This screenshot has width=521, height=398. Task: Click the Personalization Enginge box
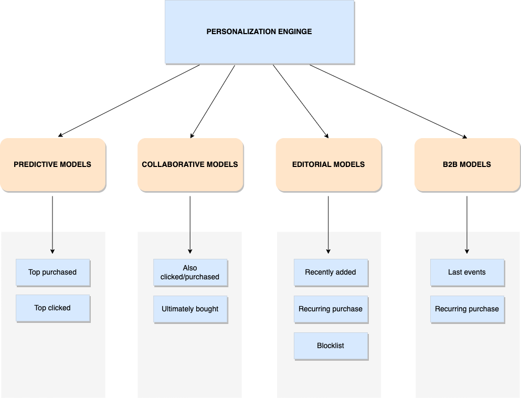(259, 32)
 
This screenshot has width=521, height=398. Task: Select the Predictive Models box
(52, 164)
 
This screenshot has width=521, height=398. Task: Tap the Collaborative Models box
(190, 164)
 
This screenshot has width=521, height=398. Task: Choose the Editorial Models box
(328, 164)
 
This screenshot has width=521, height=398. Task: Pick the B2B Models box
(467, 164)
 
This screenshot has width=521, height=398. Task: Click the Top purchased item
(52, 272)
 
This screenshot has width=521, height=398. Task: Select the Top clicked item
(52, 308)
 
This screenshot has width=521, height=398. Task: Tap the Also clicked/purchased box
(190, 272)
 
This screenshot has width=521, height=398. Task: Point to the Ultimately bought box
(190, 309)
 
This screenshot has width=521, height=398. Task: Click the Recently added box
(331, 272)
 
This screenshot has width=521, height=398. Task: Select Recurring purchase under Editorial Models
(331, 309)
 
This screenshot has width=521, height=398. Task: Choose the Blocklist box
(331, 345)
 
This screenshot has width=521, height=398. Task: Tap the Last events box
(467, 272)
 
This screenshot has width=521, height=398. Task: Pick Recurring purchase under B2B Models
(467, 309)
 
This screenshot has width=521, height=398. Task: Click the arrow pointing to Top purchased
(52, 243)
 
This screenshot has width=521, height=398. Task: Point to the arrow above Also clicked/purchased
(190, 243)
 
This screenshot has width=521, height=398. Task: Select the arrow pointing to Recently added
(328, 243)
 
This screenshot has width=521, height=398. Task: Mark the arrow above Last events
(467, 243)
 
